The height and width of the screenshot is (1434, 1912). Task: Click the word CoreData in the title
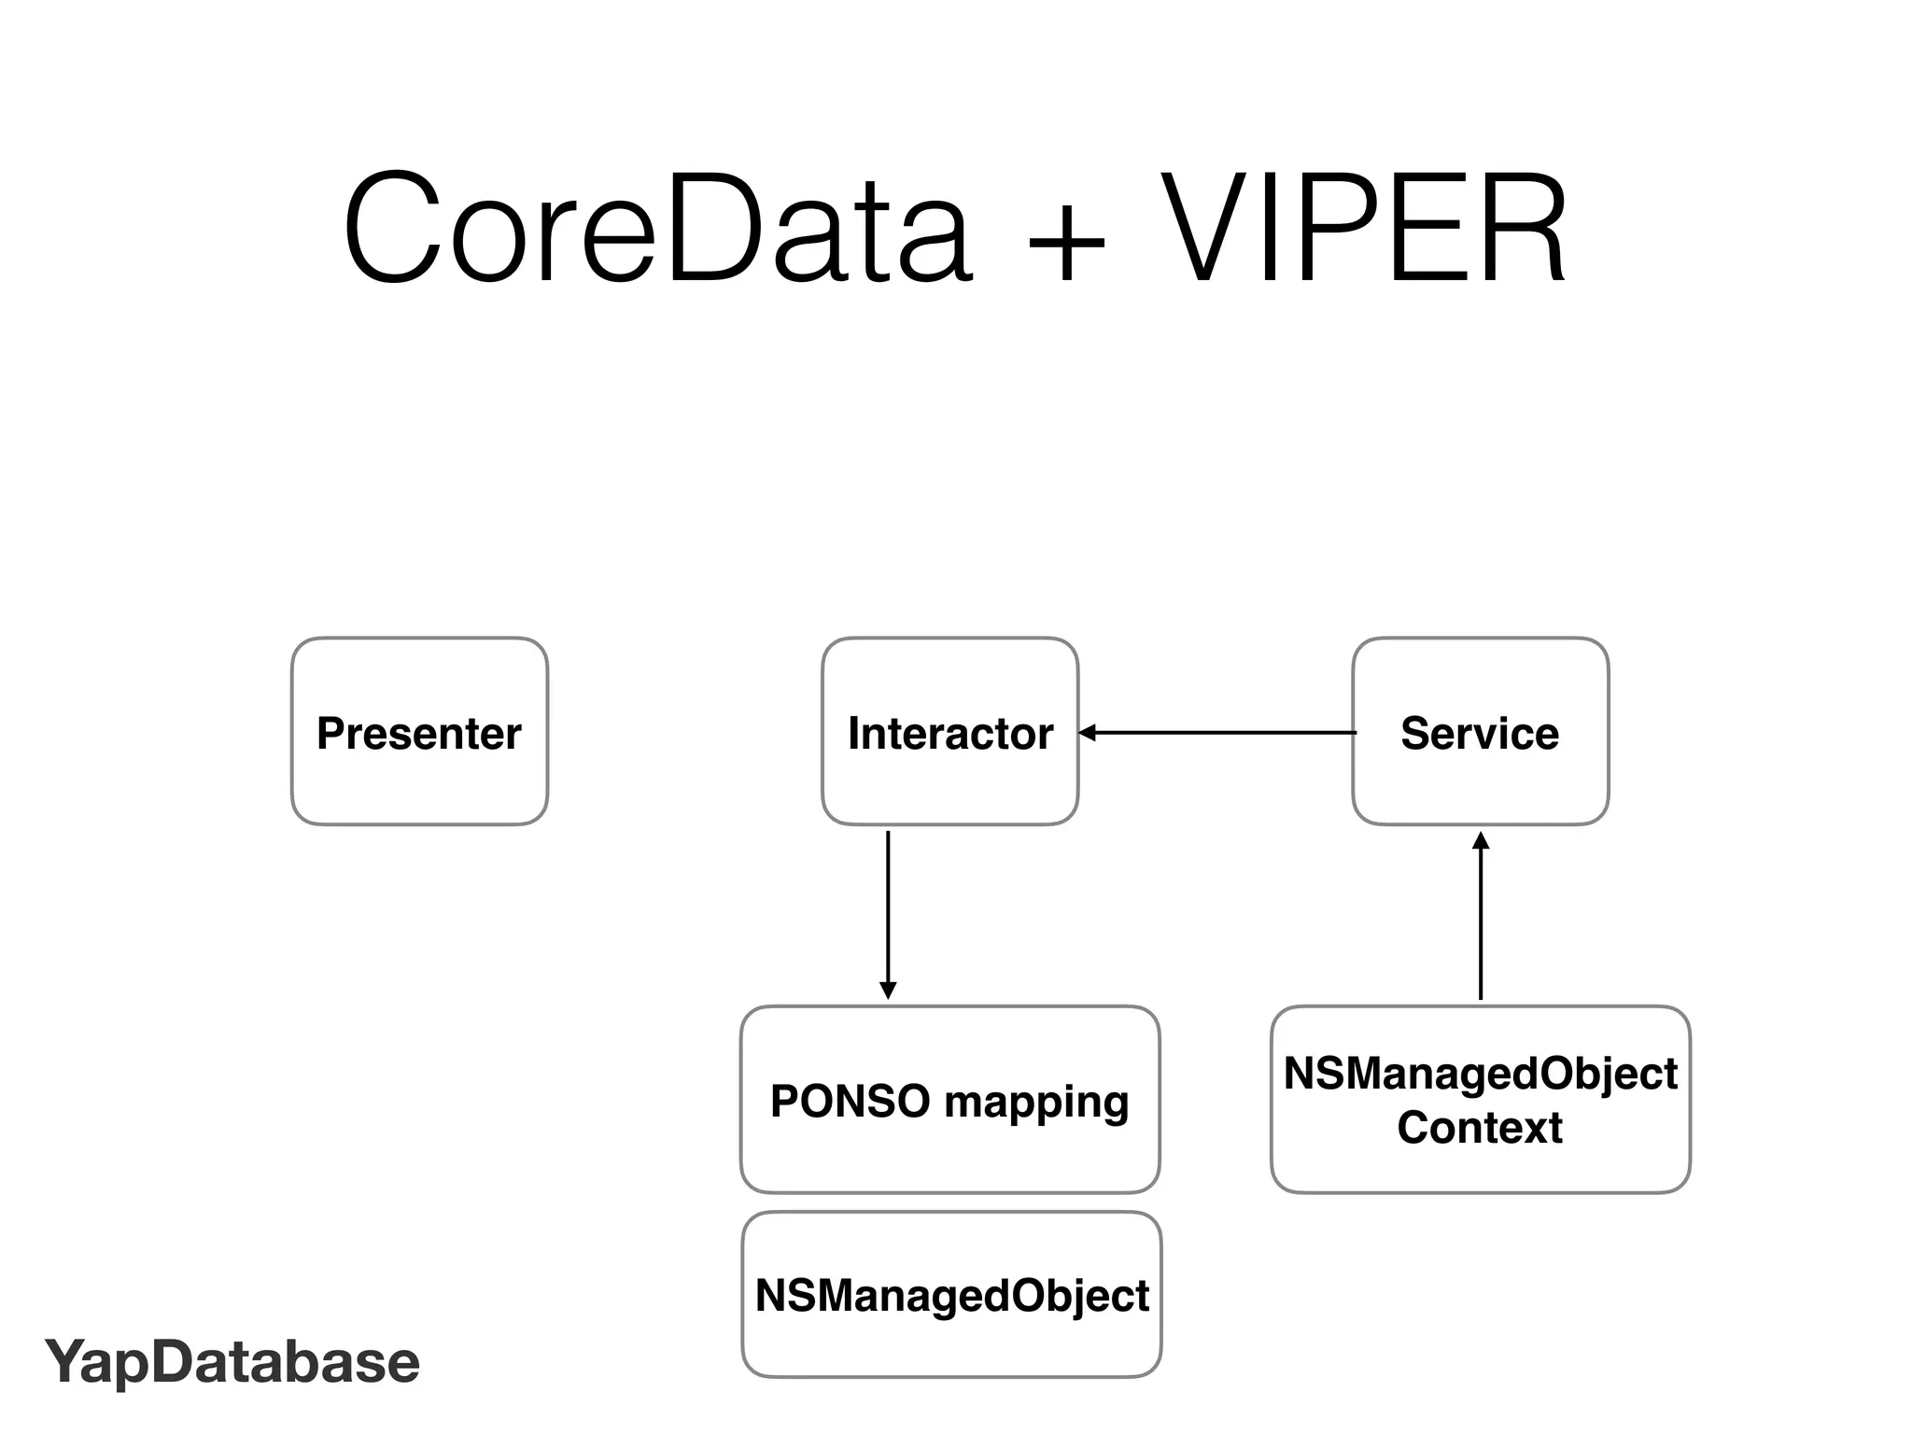coord(657,229)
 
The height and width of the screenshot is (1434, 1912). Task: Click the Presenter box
coord(419,732)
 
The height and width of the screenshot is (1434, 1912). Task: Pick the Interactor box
coord(949,732)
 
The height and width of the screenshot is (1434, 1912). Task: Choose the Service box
coord(1480,732)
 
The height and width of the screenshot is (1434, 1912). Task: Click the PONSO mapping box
coord(949,1100)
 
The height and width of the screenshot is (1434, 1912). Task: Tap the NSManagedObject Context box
coord(1480,1100)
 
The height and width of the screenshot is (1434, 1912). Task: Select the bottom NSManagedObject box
coord(951,1295)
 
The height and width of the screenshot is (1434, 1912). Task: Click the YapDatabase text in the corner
coord(232,1362)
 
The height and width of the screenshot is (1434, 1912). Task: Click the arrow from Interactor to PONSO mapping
coord(888,910)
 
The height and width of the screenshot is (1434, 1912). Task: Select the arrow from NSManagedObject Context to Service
coord(1481,920)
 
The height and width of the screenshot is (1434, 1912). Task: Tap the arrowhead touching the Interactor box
coord(1086,733)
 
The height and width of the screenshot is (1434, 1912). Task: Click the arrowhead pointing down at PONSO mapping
coord(888,991)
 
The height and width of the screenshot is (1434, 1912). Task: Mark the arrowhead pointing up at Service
coord(1481,839)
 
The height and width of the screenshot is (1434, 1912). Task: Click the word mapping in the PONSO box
coord(1036,1103)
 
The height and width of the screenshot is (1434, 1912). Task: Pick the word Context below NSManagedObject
coord(1480,1128)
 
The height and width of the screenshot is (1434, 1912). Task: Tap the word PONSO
coord(850,1101)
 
